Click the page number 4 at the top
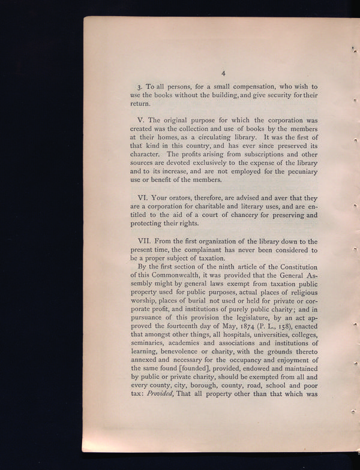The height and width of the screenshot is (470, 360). (x=223, y=73)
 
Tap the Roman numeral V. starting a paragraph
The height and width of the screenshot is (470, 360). (x=141, y=120)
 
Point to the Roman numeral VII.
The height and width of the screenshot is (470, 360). (x=145, y=241)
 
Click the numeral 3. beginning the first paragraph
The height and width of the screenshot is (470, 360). (x=140, y=88)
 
